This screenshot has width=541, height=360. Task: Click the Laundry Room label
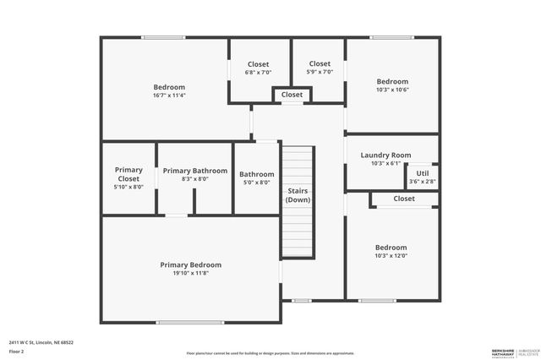[x=385, y=155]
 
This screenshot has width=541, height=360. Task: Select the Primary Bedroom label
[x=191, y=265]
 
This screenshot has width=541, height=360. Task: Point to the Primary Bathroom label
[x=195, y=171]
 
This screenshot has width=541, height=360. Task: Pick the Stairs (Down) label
[x=298, y=195]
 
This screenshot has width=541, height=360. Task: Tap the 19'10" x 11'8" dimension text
[x=191, y=273]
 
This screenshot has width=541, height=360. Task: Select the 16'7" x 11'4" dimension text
[x=169, y=95]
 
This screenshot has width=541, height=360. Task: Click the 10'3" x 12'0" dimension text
[x=391, y=256]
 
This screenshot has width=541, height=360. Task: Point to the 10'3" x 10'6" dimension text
[x=392, y=90]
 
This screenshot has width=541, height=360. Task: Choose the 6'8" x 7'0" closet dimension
[x=258, y=73]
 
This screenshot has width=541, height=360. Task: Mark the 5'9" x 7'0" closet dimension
[x=320, y=72]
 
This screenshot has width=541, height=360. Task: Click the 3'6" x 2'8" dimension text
[x=423, y=182]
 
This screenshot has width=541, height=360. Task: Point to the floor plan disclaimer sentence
[x=270, y=353]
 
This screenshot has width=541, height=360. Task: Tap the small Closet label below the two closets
[x=292, y=95]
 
